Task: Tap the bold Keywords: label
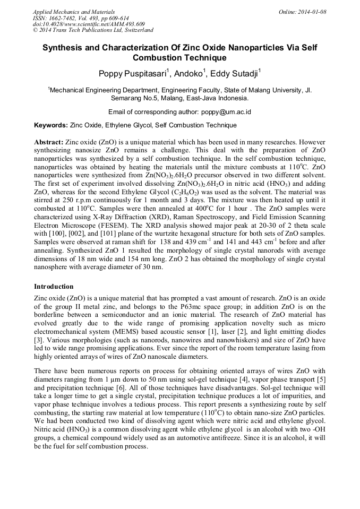point(50,125)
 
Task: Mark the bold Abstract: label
point(48,143)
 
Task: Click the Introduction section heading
point(54,287)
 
